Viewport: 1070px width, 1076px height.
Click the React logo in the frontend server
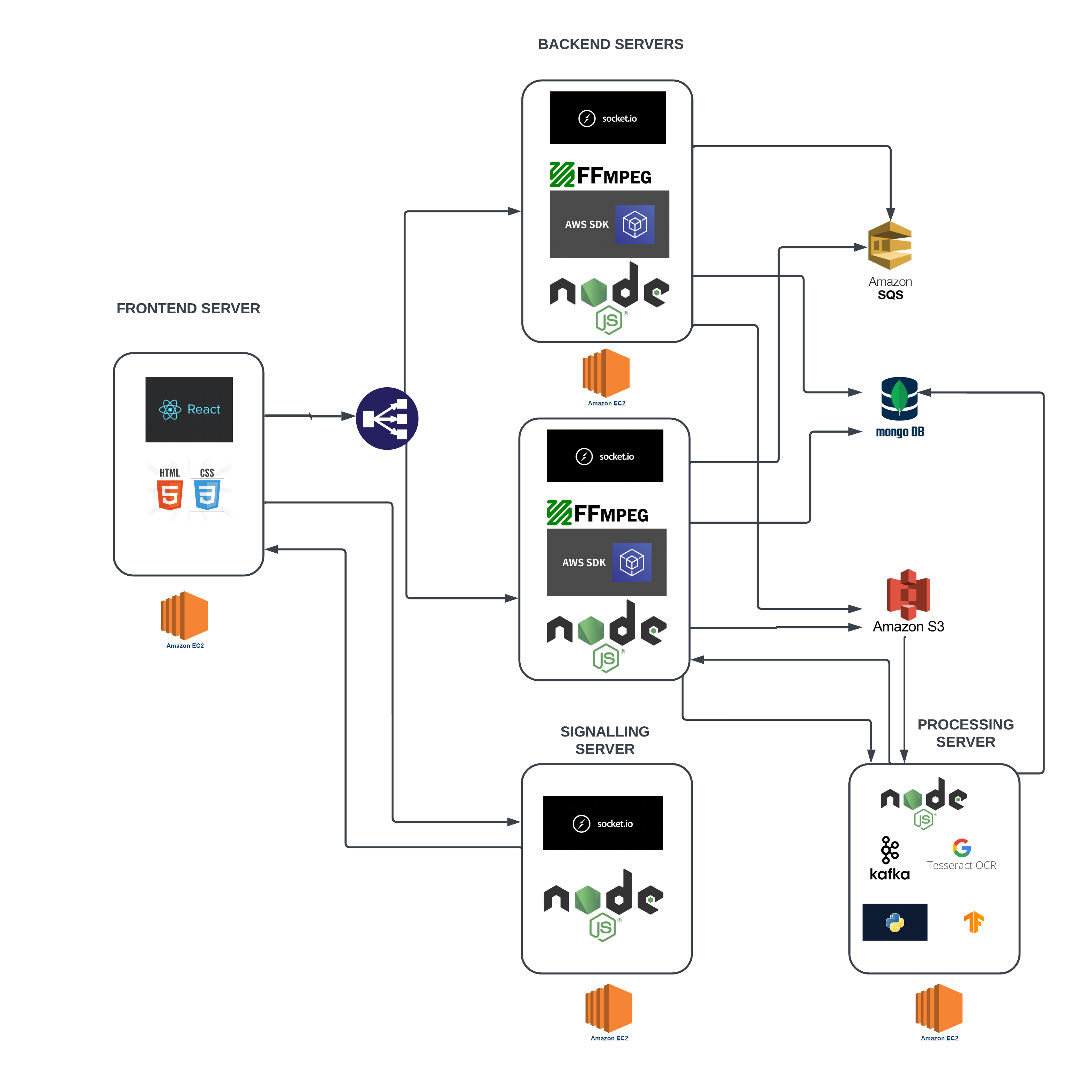189,409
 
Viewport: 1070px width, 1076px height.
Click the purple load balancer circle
387,418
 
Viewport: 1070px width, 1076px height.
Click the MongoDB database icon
899,399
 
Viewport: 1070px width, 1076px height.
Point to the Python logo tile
894,922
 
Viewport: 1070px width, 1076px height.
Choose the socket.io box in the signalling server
603,823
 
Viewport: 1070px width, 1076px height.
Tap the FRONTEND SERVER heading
188,308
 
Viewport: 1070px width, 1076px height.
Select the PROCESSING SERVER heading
965,733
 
